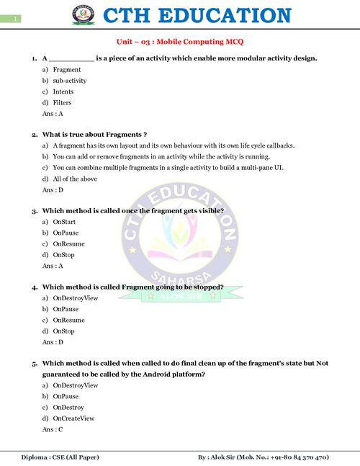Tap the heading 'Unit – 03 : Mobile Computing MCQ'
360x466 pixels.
[x=180, y=42]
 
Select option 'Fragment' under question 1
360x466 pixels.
[x=67, y=70]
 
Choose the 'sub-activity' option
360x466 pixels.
[x=70, y=81]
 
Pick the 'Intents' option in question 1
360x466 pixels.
[x=63, y=91]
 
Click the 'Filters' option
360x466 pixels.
[x=63, y=102]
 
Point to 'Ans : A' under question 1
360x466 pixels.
[x=53, y=113]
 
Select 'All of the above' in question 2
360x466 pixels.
[x=76, y=178]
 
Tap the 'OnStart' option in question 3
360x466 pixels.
[x=64, y=222]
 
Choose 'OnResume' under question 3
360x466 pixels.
[x=68, y=243]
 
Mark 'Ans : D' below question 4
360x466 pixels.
[x=53, y=341]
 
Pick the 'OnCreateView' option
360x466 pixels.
[x=73, y=418]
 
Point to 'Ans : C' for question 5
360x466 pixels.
[x=53, y=429]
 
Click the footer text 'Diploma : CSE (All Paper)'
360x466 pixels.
[x=60, y=457]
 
